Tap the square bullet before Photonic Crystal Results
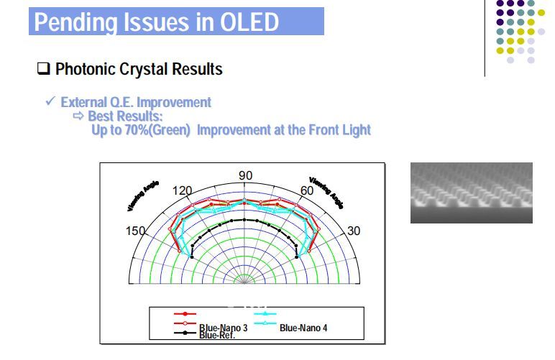point(43,70)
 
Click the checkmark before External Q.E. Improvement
point(50,102)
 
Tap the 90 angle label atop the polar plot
point(245,176)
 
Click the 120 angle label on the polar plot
point(183,191)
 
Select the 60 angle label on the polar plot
point(307,191)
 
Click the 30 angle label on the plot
point(354,231)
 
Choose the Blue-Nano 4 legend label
point(303,328)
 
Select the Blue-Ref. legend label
point(217,335)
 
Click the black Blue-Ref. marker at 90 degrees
point(245,219)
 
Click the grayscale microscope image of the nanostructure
point(471,192)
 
